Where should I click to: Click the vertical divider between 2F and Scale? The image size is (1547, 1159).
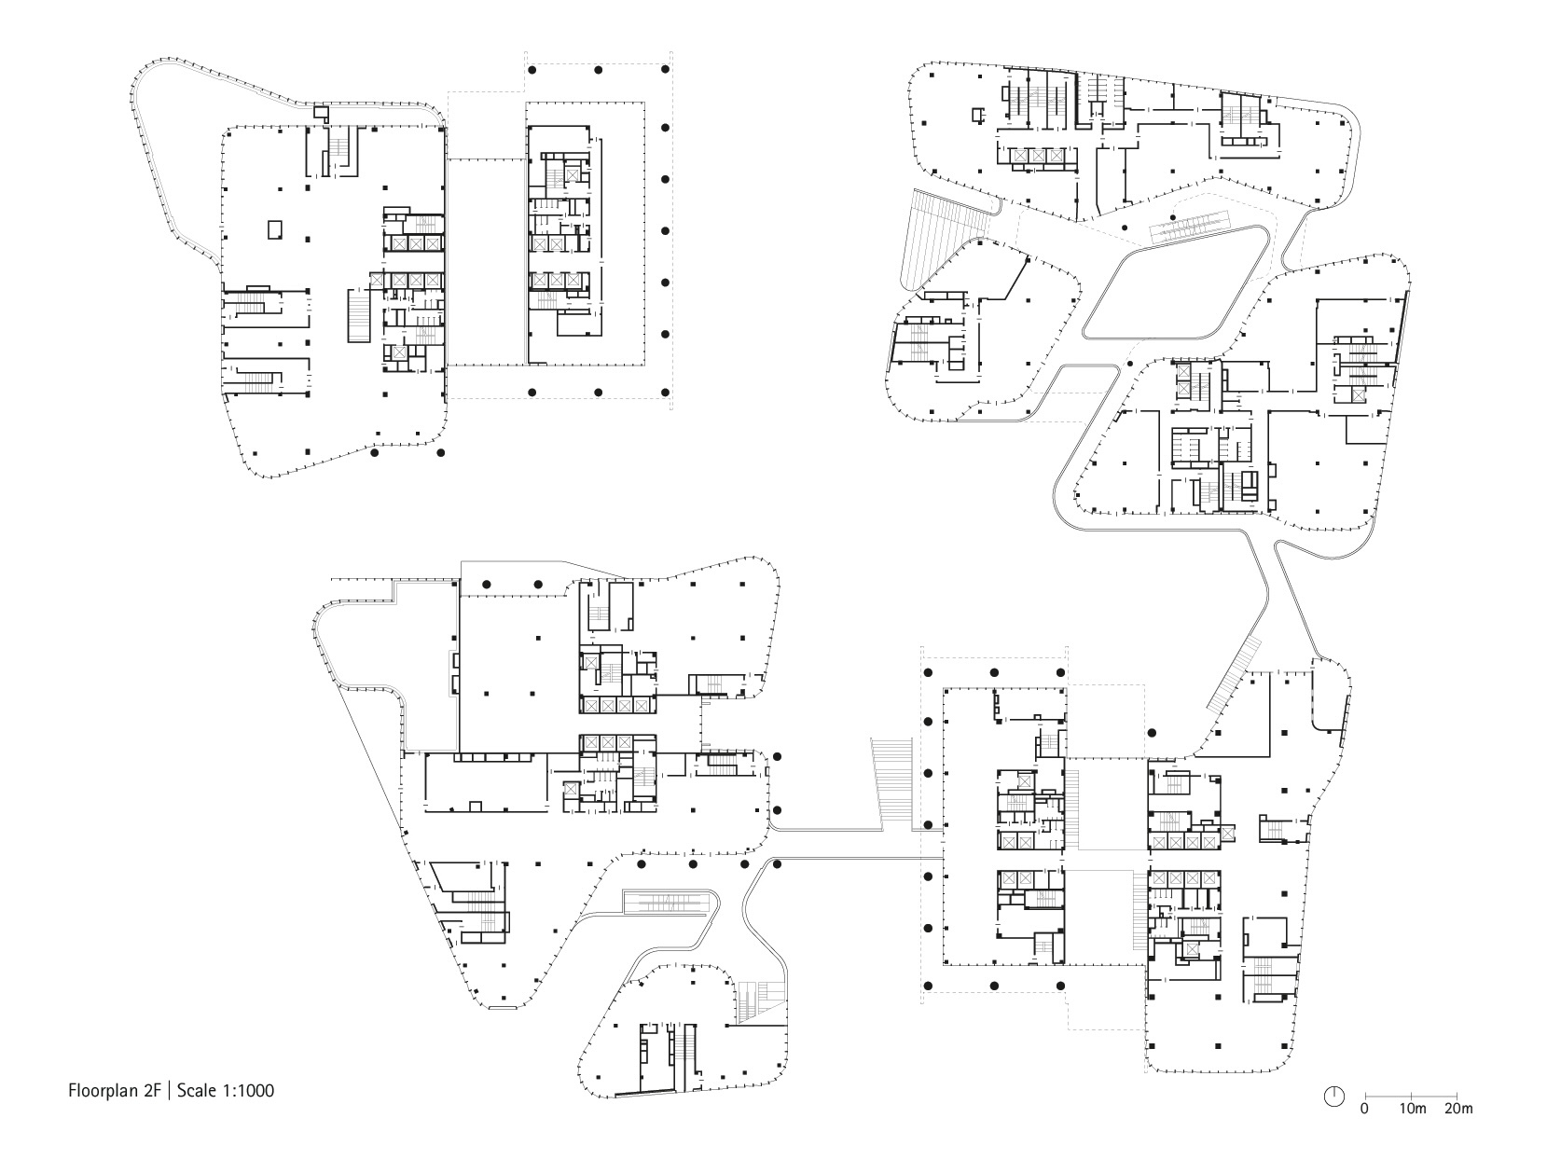170,1090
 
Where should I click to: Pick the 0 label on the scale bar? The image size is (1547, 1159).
1364,1110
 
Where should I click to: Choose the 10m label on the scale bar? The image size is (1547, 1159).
1413,1110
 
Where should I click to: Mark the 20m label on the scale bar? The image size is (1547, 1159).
1459,1110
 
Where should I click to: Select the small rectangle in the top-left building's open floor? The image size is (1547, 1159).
274,229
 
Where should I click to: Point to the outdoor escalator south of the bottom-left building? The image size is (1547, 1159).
670,902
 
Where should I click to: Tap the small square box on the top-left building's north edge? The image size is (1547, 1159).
321,113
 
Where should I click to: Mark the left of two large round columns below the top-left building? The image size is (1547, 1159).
375,454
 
